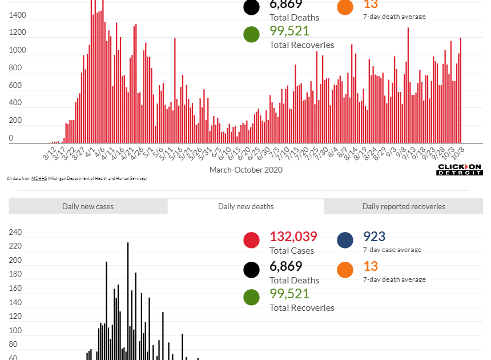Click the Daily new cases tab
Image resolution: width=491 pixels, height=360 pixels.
[88, 206]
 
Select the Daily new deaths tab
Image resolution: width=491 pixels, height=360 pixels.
[246, 206]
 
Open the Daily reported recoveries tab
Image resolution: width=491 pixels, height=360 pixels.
[404, 206]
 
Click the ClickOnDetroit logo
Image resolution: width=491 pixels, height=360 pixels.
[460, 169]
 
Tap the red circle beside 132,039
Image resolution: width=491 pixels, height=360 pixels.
[252, 240]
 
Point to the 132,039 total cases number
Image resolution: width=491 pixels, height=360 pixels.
[293, 237]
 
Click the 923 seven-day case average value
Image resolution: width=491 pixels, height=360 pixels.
[374, 237]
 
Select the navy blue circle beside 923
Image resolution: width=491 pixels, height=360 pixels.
[345, 240]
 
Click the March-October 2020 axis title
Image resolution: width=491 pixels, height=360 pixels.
[246, 170]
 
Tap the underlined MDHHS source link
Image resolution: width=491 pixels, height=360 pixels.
[39, 178]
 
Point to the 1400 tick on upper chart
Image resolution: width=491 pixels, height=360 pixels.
[18, 15]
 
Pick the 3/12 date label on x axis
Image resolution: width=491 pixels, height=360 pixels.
[50, 154]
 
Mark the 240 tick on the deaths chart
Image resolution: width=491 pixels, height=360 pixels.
[15, 233]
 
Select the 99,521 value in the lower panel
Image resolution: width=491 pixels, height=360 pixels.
[289, 294]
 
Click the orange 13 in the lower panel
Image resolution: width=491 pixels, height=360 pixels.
[371, 266]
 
